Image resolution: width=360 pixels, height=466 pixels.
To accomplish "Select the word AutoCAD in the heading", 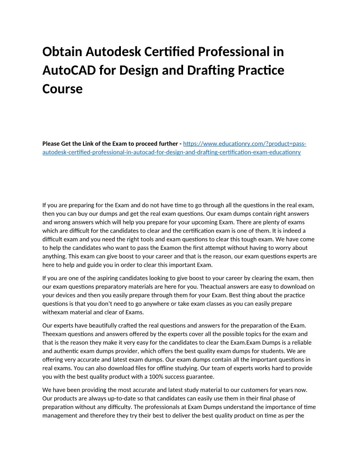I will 67,70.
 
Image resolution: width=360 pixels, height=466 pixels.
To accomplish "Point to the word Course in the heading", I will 62,89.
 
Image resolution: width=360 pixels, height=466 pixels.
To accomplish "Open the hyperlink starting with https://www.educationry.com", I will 244,144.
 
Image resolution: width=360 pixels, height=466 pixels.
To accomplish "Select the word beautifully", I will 87,325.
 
